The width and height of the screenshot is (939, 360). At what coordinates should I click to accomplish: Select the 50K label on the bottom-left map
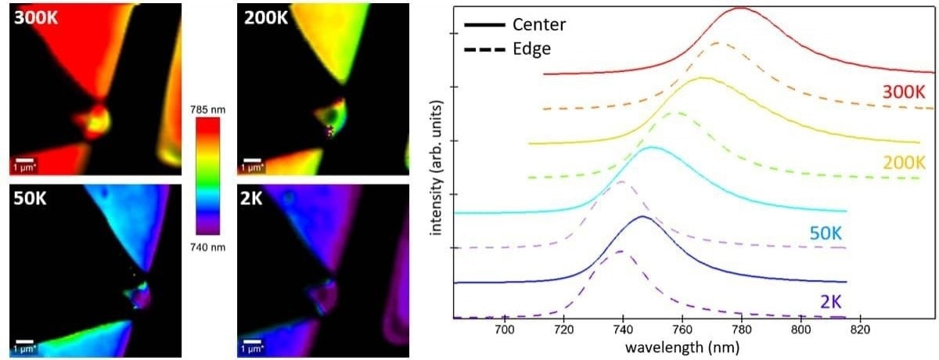[31, 200]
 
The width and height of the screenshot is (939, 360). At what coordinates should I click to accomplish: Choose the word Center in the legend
[538, 24]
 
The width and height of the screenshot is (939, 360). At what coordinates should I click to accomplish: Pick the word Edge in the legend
[532, 49]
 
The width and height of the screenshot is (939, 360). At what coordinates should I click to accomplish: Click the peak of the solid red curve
[739, 8]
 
